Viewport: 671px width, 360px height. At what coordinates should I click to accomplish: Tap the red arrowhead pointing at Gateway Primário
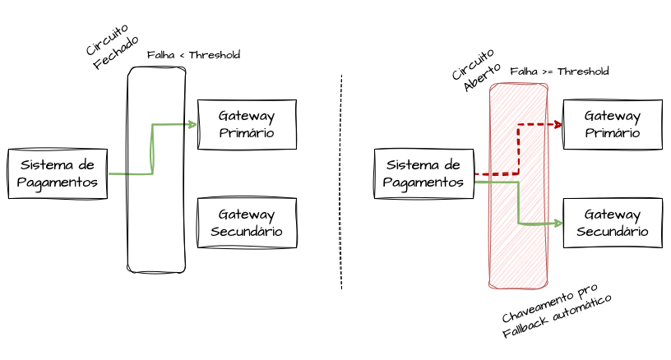coord(558,125)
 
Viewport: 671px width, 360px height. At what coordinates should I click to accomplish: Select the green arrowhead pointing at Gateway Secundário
coord(558,223)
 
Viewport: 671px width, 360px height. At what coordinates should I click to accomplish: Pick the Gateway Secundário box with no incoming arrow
coord(247,223)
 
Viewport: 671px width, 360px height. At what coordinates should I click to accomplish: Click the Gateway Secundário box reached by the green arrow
coord(612,223)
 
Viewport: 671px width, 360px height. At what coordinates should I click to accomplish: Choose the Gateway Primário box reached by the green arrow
coord(247,124)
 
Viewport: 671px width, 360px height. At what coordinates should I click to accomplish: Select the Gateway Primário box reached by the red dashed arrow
coord(612,124)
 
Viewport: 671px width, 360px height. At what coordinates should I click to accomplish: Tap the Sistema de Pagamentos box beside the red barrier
coord(424,173)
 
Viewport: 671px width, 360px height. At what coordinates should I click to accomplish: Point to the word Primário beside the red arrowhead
coord(612,133)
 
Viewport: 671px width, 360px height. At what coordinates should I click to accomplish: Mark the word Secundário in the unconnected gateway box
coord(247,232)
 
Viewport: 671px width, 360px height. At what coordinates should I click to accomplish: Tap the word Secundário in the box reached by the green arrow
coord(612,232)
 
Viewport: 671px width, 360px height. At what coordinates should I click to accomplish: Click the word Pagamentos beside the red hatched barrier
coord(424,182)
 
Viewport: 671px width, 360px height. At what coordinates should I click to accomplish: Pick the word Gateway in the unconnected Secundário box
coord(247,214)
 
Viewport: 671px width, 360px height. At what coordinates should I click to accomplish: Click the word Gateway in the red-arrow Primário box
coord(612,115)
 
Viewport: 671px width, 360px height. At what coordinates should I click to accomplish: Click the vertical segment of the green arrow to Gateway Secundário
coord(519,202)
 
